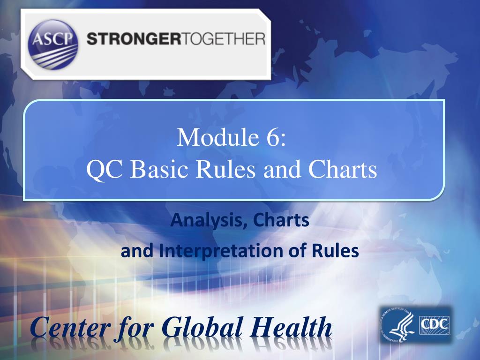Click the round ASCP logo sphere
(x=53, y=44)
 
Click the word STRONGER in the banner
(x=131, y=38)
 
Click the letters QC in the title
(x=106, y=170)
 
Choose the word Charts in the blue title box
(x=343, y=170)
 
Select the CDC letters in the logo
(x=434, y=323)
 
